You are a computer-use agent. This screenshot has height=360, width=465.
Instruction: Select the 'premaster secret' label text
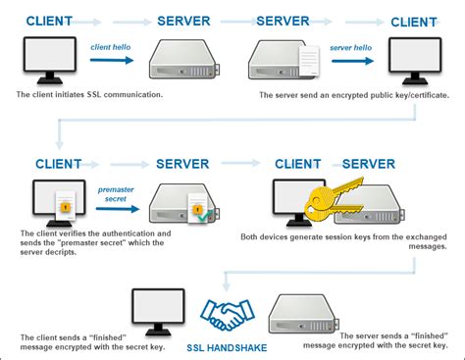[117, 193]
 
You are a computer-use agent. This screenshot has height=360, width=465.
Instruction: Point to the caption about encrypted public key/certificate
[353, 95]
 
